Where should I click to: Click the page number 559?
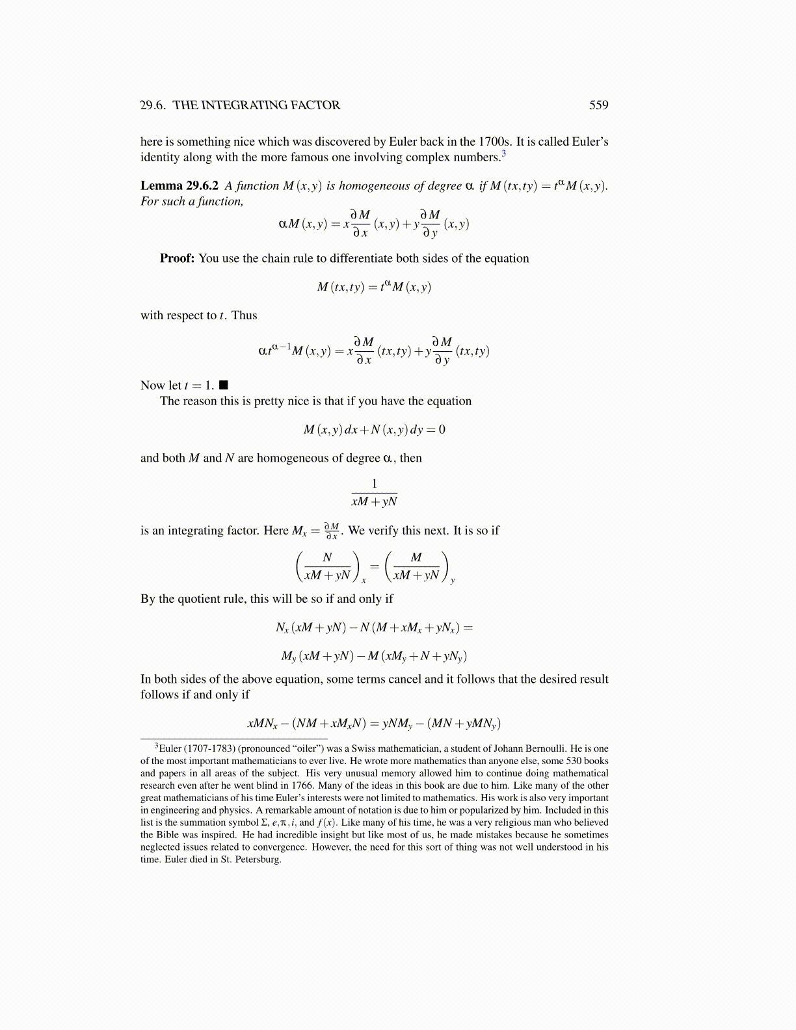pos(598,105)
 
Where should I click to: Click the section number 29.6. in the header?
pos(153,105)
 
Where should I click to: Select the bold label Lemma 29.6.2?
pos(179,186)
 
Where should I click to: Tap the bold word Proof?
pos(177,258)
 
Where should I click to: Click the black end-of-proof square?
pos(224,385)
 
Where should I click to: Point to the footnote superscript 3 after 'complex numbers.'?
pos(503,153)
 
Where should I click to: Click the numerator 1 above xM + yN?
pos(374,483)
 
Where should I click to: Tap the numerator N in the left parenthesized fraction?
pos(327,557)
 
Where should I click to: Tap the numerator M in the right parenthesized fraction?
pos(416,557)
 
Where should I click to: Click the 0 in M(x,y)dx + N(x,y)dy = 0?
pos(442,430)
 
